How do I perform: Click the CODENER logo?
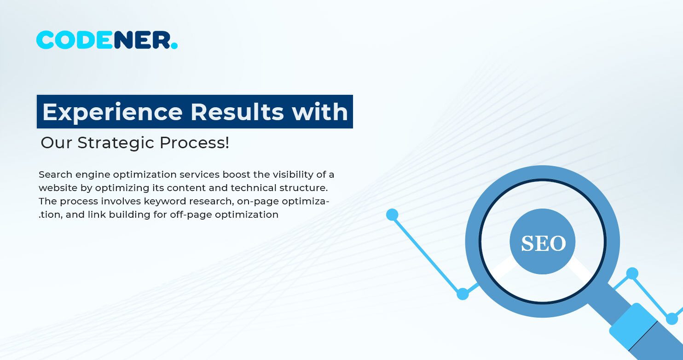coord(106,41)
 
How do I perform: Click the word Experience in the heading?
coord(112,112)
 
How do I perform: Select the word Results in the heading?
coord(237,112)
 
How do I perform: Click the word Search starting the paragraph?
coord(54,174)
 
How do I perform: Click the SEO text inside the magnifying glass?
coord(543,244)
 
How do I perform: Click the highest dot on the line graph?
coord(392,215)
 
